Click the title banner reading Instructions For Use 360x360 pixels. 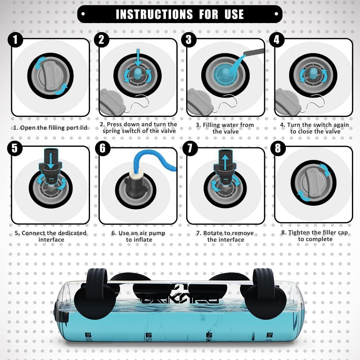point(180,14)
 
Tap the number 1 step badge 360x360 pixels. point(15,40)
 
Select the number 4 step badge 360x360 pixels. point(276,40)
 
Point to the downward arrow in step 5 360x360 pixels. point(50,159)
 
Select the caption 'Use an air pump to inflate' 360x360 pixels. point(138,236)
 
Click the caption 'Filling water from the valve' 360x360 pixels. point(225,128)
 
